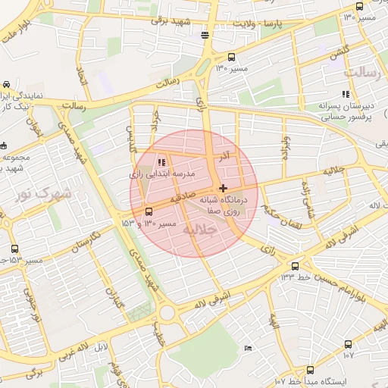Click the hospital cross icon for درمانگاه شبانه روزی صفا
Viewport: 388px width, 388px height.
pyautogui.click(x=222, y=188)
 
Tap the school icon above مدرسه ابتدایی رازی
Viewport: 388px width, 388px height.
pyautogui.click(x=161, y=162)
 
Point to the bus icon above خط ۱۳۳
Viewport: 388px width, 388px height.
pyautogui.click(x=295, y=266)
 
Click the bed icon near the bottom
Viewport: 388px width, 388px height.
pyautogui.click(x=249, y=348)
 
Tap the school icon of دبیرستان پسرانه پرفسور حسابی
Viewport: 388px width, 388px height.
pyautogui.click(x=346, y=95)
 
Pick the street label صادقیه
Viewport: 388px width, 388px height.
pyautogui.click(x=186, y=197)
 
